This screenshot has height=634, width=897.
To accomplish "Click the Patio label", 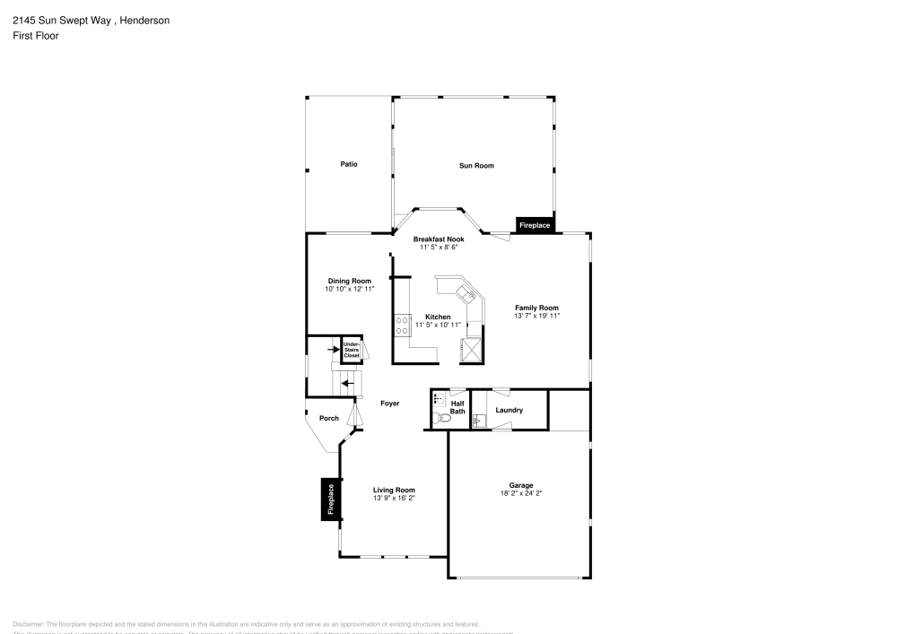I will coord(349,164).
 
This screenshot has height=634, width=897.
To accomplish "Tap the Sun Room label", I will coord(476,165).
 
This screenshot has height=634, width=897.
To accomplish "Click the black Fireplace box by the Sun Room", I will coord(535,225).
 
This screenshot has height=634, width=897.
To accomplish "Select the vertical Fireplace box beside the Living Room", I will coord(330,499).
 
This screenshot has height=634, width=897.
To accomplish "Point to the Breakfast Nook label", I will coord(439,239).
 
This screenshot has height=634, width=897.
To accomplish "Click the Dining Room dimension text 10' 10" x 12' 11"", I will coord(349,290).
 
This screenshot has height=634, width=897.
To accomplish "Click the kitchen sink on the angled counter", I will coord(466,292).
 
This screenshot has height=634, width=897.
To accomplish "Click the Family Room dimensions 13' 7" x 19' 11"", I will coord(536,317).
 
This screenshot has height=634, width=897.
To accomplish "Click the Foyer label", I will coord(389,404).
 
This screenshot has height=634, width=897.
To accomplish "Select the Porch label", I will coord(329,418).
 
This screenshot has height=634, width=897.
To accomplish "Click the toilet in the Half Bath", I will coord(439,419).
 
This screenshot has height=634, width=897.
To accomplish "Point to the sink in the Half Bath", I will coord(438,399).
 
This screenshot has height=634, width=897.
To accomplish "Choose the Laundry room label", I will coord(509,410).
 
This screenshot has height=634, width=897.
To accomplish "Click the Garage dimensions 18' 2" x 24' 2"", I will coord(521,493).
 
